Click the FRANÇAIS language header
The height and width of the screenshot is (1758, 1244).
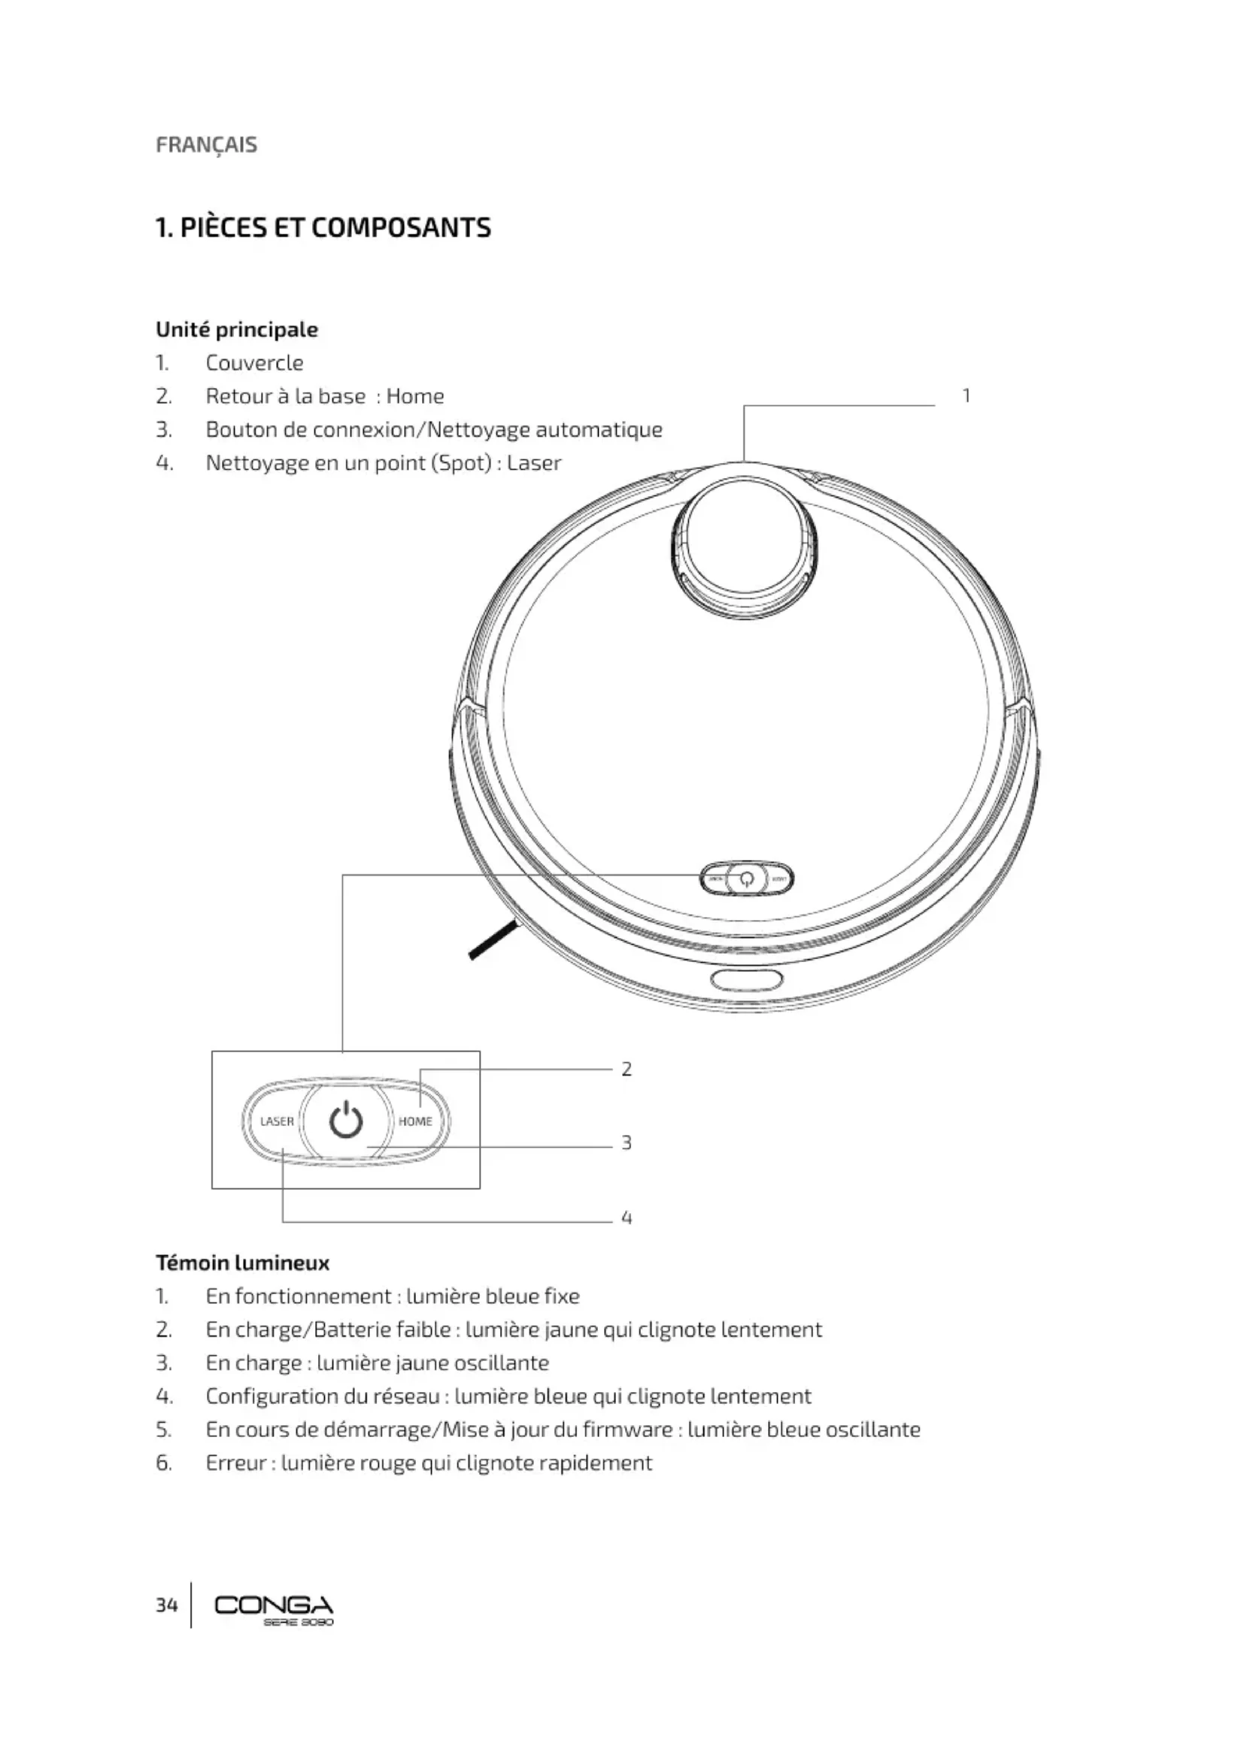(206, 145)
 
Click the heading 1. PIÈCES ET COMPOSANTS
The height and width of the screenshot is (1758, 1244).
(323, 228)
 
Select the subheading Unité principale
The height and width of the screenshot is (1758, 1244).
(237, 329)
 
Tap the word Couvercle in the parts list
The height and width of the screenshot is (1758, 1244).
(254, 363)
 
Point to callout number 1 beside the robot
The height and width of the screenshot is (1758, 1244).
(966, 396)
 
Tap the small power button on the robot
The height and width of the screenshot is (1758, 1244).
(747, 878)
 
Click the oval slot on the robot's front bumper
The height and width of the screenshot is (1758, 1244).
(747, 979)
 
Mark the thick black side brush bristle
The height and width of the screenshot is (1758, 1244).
(495, 941)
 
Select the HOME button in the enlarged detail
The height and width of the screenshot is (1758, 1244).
(415, 1121)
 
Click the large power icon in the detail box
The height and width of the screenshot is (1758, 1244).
(345, 1120)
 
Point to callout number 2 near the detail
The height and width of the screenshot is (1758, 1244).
(627, 1069)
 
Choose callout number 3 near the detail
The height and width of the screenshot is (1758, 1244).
(627, 1142)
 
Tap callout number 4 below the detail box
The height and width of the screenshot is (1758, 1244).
(627, 1218)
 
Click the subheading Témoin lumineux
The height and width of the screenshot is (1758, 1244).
(242, 1263)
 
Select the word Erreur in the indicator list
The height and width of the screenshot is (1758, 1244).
(236, 1463)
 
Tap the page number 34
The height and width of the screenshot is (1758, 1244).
(166, 1605)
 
